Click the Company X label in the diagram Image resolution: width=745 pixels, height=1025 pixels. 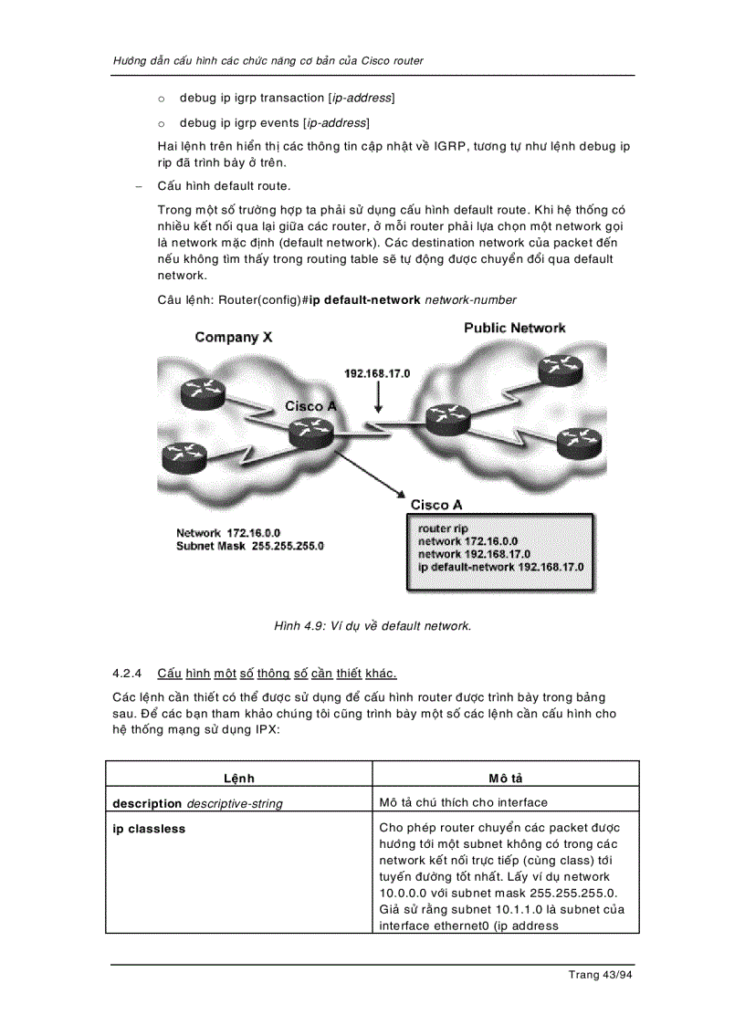(x=233, y=338)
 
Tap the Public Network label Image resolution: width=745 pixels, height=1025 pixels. (x=514, y=328)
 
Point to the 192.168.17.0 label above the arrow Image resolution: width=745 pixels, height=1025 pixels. (x=377, y=374)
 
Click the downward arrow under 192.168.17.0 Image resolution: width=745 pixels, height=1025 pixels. (x=378, y=400)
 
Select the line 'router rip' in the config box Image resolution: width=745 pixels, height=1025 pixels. (x=443, y=528)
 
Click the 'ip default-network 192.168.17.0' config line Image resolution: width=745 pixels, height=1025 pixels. (x=500, y=567)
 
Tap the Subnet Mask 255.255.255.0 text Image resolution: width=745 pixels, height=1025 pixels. (x=250, y=546)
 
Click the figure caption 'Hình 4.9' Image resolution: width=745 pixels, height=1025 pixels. (x=372, y=626)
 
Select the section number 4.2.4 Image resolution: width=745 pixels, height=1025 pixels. (x=128, y=674)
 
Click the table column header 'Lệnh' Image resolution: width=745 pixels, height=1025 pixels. (x=239, y=779)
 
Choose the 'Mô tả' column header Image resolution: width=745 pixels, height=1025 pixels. (x=506, y=779)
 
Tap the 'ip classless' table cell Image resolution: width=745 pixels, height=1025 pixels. (x=149, y=829)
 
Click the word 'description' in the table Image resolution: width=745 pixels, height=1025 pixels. (x=147, y=803)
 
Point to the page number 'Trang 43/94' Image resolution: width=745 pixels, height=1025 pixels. (x=600, y=975)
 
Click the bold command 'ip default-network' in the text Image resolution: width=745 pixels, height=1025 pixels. (x=365, y=299)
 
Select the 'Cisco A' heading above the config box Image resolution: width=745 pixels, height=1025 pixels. (x=435, y=505)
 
